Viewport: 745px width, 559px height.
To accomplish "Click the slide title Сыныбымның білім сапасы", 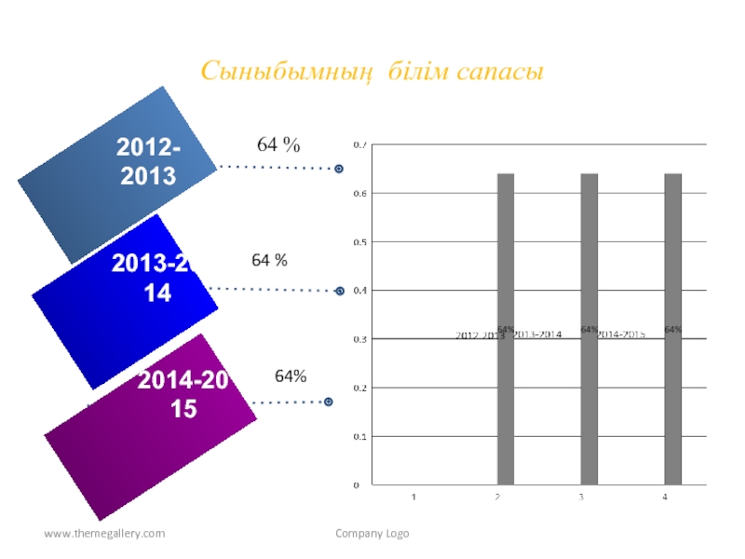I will pyautogui.click(x=372, y=71).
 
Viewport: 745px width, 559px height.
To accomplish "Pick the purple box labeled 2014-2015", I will pyautogui.click(x=152, y=410).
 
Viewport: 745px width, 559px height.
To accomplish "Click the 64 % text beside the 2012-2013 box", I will pyautogui.click(x=278, y=144).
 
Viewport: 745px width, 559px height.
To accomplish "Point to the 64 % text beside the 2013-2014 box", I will pyautogui.click(x=269, y=261).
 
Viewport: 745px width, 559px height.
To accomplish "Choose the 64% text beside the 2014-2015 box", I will pyautogui.click(x=291, y=375).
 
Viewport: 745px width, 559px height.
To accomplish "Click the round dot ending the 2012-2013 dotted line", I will pyautogui.click(x=339, y=169).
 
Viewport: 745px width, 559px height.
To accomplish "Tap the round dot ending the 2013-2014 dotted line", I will pyautogui.click(x=339, y=291).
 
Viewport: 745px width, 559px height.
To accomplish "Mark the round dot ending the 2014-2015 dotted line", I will pyautogui.click(x=328, y=402).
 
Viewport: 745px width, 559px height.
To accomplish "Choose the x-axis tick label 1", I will pyautogui.click(x=414, y=498).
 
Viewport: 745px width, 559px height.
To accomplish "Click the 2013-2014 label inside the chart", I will pyautogui.click(x=538, y=334).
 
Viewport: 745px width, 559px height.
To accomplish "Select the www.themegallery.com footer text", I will pyautogui.click(x=104, y=534).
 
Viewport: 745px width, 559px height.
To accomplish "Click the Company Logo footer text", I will pyautogui.click(x=372, y=534).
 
